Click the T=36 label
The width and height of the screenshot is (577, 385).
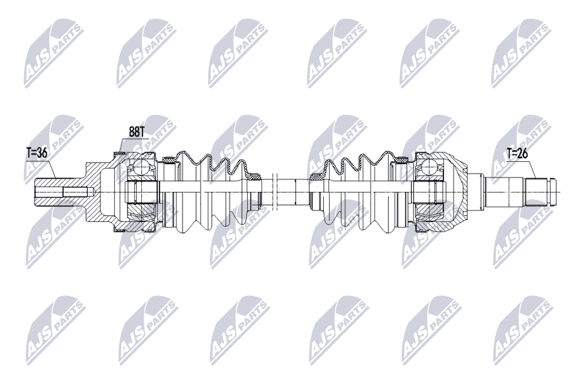click(36, 153)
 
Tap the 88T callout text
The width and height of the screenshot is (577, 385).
click(137, 129)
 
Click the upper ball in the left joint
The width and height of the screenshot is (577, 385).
click(144, 167)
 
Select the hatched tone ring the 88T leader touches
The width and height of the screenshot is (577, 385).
click(119, 155)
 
